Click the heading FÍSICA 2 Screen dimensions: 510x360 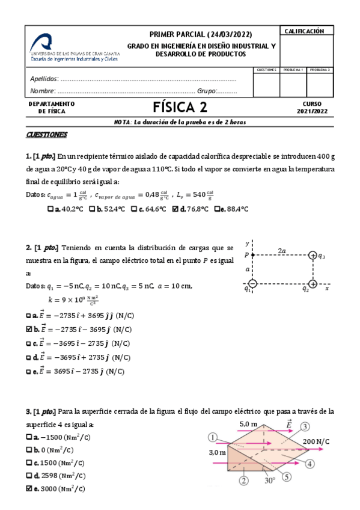click(x=180, y=108)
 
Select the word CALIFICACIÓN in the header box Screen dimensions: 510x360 click(x=305, y=31)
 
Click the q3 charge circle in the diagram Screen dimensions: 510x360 click(x=313, y=256)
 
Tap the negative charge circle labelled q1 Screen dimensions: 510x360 click(x=252, y=283)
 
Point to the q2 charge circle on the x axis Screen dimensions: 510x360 click(x=313, y=283)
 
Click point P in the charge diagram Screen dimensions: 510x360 click(x=252, y=256)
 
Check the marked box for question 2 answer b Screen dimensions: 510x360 click(x=29, y=329)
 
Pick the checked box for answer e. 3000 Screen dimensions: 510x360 click(x=29, y=489)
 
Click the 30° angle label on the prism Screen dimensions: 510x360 click(x=270, y=480)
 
